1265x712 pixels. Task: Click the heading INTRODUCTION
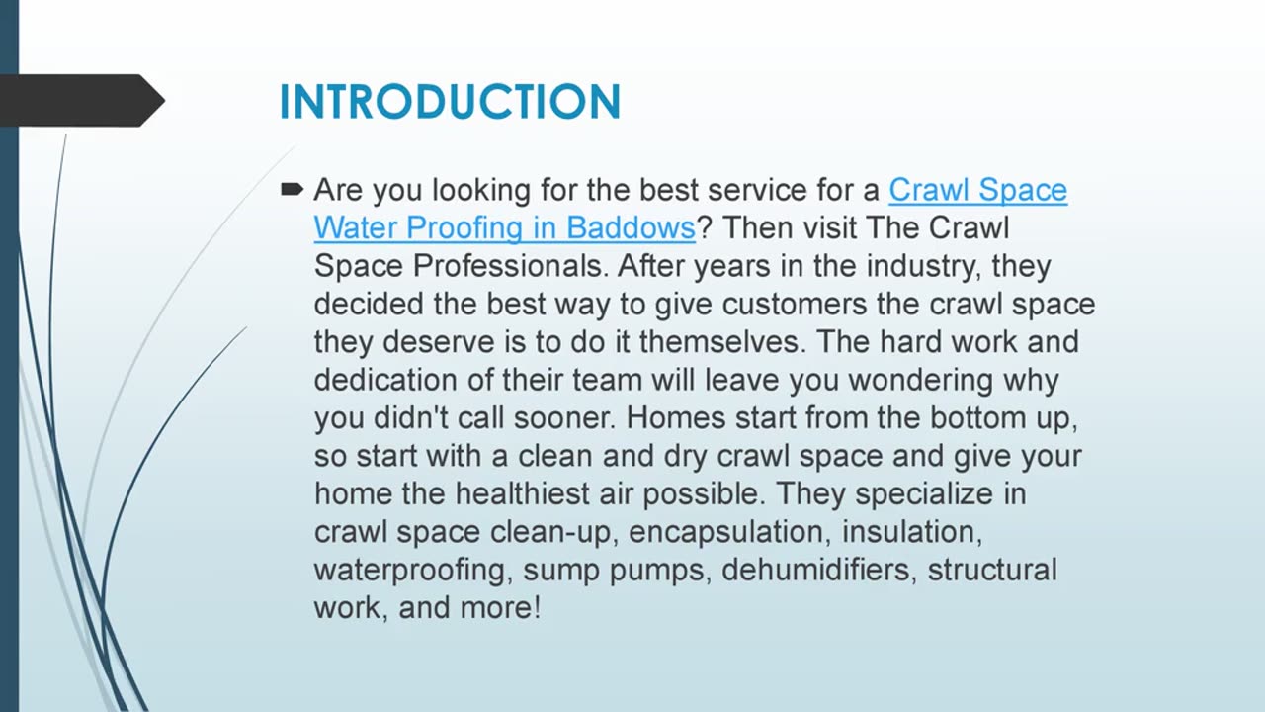450,102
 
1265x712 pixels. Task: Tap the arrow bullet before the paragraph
292,189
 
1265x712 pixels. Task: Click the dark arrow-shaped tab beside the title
82,101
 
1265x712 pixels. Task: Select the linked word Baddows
631,227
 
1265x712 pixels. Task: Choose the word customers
794,304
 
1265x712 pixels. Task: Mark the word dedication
385,380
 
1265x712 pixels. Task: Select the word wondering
920,381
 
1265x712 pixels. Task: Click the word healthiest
523,493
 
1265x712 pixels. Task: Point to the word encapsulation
729,533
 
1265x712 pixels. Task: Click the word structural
992,570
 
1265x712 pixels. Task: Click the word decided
369,304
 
